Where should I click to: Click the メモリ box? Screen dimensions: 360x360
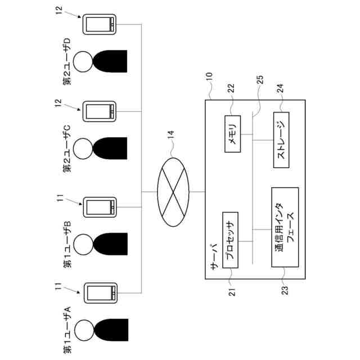232,134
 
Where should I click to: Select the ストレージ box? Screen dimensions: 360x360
281,140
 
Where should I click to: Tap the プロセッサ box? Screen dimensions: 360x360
230,240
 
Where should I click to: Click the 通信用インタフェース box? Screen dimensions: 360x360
285,227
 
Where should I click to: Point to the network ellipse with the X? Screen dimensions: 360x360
173,192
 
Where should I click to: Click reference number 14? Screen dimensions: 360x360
170,134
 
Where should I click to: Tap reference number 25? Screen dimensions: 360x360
260,80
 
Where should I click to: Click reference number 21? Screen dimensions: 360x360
232,291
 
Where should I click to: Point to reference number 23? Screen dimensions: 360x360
285,290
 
